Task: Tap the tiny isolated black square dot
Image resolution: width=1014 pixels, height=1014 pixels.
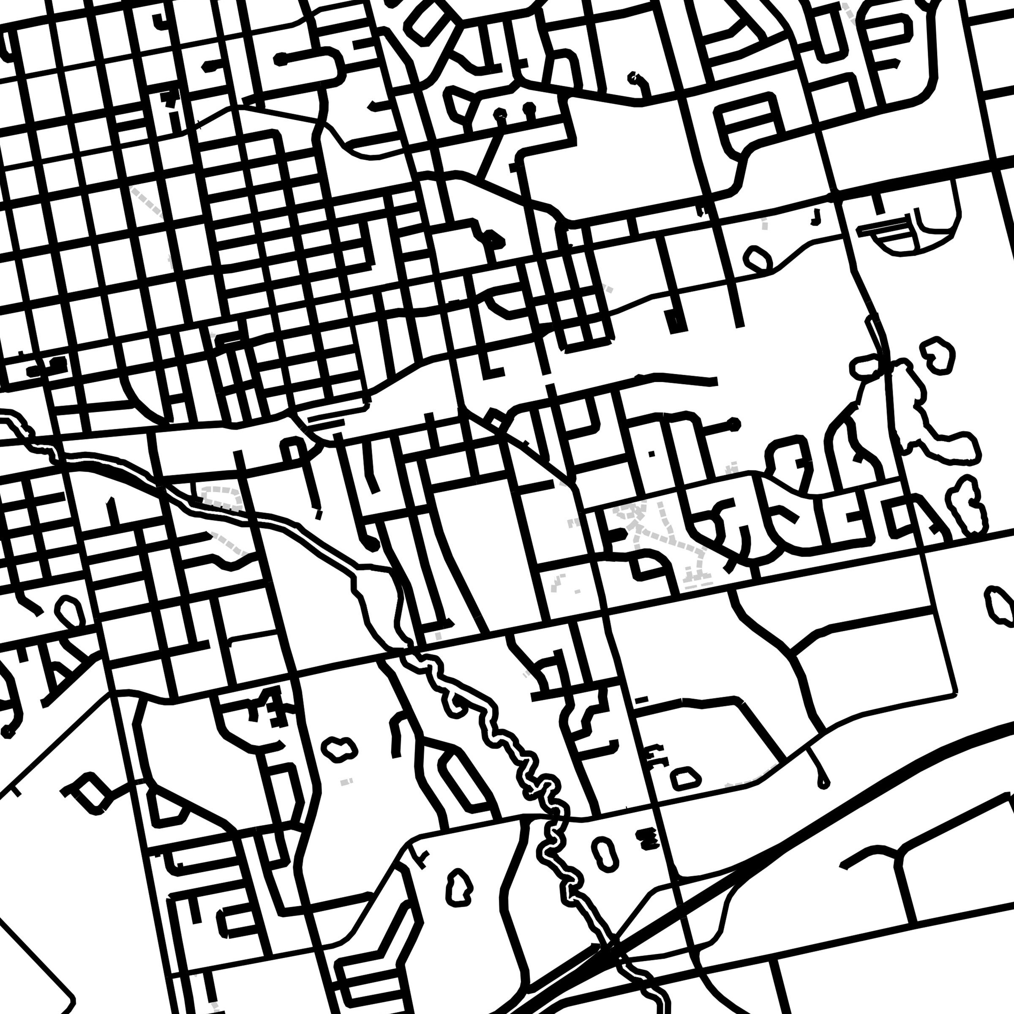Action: click(652, 454)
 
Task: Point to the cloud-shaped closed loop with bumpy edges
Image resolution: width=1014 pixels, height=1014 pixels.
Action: click(339, 749)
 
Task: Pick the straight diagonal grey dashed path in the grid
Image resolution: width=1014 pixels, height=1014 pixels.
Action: click(147, 202)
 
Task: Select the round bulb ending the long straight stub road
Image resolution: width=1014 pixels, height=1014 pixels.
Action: click(734, 422)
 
